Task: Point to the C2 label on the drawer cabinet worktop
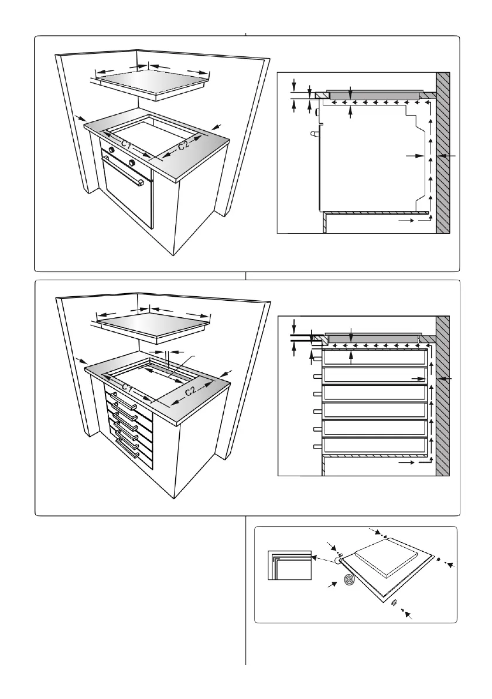click(x=189, y=391)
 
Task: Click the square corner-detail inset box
click(x=288, y=565)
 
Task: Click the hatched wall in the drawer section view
click(x=443, y=396)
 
